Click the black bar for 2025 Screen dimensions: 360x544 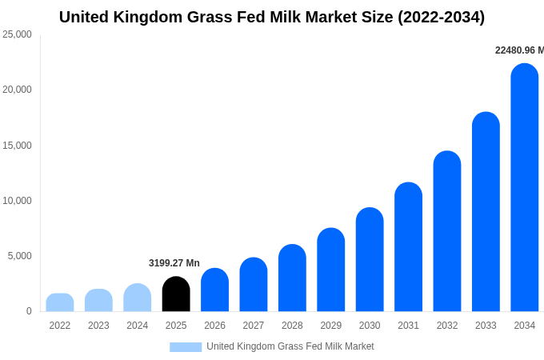click(x=176, y=294)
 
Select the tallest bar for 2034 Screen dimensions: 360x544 click(x=524, y=188)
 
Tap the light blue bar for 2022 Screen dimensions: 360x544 click(x=60, y=302)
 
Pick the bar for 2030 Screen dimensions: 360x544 click(x=370, y=260)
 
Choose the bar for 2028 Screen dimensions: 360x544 click(x=292, y=278)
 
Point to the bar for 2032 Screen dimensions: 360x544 click(x=447, y=232)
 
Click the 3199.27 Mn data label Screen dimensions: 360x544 click(x=174, y=263)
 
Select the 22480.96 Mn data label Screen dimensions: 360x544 click(x=518, y=50)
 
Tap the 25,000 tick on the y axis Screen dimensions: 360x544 click(x=17, y=34)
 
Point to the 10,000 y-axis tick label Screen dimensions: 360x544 click(x=17, y=201)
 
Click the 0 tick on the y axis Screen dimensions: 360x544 click(x=29, y=311)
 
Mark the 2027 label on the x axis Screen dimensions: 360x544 click(x=254, y=326)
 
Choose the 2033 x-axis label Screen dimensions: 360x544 click(x=486, y=326)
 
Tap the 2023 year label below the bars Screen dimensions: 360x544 click(x=98, y=326)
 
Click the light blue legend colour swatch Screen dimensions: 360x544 click(x=186, y=347)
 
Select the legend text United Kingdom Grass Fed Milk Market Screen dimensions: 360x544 click(x=290, y=346)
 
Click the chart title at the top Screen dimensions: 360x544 click(x=272, y=17)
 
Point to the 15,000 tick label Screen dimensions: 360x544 click(x=17, y=146)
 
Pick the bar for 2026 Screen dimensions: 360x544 click(x=214, y=290)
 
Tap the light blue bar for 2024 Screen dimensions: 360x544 click(x=138, y=298)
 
